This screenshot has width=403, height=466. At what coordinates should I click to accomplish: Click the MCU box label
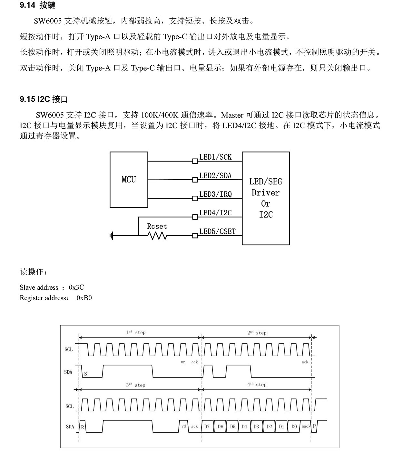[129, 180]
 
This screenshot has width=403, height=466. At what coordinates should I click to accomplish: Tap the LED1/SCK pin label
[215, 157]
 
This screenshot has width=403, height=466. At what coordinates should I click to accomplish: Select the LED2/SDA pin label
[215, 175]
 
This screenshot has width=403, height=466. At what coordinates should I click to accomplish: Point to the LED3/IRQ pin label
[215, 194]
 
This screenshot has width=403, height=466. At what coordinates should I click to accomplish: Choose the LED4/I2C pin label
[215, 213]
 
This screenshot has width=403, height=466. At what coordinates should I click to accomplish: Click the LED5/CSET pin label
[217, 231]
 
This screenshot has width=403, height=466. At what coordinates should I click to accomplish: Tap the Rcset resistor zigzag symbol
[157, 236]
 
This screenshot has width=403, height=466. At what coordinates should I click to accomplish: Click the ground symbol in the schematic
[111, 236]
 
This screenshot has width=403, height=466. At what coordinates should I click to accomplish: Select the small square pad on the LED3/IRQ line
[195, 198]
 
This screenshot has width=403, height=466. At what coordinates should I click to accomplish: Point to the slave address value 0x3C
[76, 287]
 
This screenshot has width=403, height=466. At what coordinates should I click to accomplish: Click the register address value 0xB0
[84, 298]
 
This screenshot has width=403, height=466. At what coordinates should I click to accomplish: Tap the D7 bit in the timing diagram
[207, 426]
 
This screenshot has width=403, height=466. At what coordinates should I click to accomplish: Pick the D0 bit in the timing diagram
[294, 426]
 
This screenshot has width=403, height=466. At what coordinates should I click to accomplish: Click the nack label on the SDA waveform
[306, 426]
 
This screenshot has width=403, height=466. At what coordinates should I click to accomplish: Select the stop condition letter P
[314, 426]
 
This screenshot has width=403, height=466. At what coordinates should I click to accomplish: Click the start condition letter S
[85, 374]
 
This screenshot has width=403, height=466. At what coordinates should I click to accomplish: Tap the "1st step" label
[136, 332]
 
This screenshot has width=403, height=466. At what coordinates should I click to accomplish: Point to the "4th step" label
[257, 384]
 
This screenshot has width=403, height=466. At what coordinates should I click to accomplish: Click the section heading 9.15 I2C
[44, 99]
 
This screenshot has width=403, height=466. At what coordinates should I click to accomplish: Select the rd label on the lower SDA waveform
[184, 426]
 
